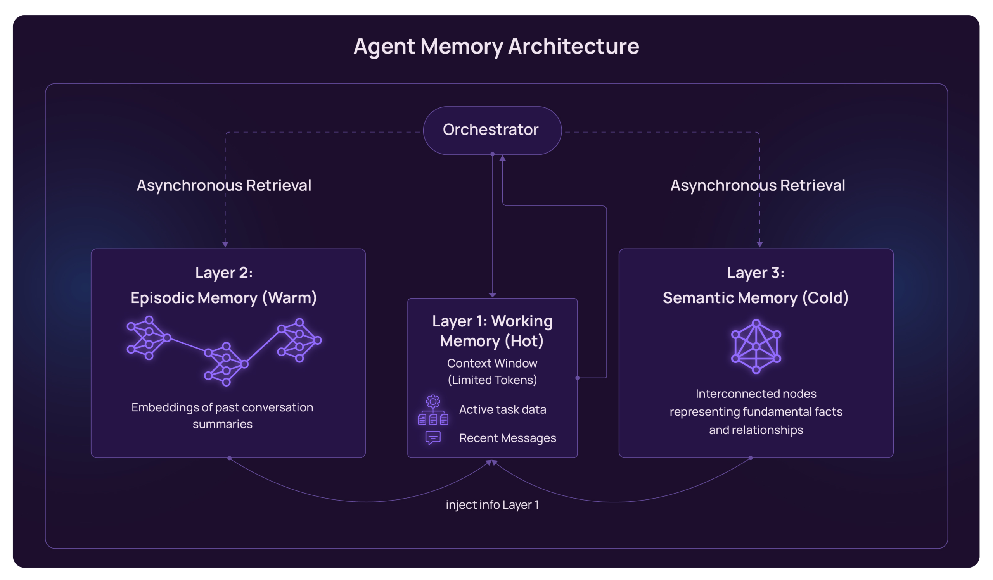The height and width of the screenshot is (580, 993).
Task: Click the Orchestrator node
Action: click(492, 130)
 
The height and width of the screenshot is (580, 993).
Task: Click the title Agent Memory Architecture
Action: click(496, 46)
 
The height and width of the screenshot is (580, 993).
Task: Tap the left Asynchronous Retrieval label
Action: click(224, 185)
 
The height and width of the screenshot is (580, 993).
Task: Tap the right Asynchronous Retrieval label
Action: click(758, 185)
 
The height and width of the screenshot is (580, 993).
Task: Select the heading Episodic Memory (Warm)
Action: click(224, 298)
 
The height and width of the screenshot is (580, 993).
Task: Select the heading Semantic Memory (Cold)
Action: click(755, 298)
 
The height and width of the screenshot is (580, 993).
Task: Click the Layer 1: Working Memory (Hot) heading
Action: click(492, 331)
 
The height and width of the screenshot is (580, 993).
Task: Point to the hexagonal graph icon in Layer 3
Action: click(756, 347)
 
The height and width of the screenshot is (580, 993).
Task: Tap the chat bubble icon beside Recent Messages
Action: click(432, 438)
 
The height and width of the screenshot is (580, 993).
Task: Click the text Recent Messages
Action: click(507, 438)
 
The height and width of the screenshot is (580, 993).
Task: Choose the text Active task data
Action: click(502, 410)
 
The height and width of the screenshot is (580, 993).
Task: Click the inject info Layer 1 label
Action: click(492, 505)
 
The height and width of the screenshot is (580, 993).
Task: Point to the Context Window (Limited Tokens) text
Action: click(492, 372)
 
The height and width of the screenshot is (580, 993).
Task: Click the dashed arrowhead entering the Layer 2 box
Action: click(225, 245)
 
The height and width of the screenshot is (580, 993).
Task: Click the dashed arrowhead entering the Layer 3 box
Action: click(759, 245)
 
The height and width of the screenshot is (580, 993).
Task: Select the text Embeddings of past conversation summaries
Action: click(222, 415)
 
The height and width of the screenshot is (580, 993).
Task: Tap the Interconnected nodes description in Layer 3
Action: click(756, 412)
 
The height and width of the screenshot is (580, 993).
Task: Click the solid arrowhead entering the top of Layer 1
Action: click(492, 295)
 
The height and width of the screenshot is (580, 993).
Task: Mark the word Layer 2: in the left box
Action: click(224, 273)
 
